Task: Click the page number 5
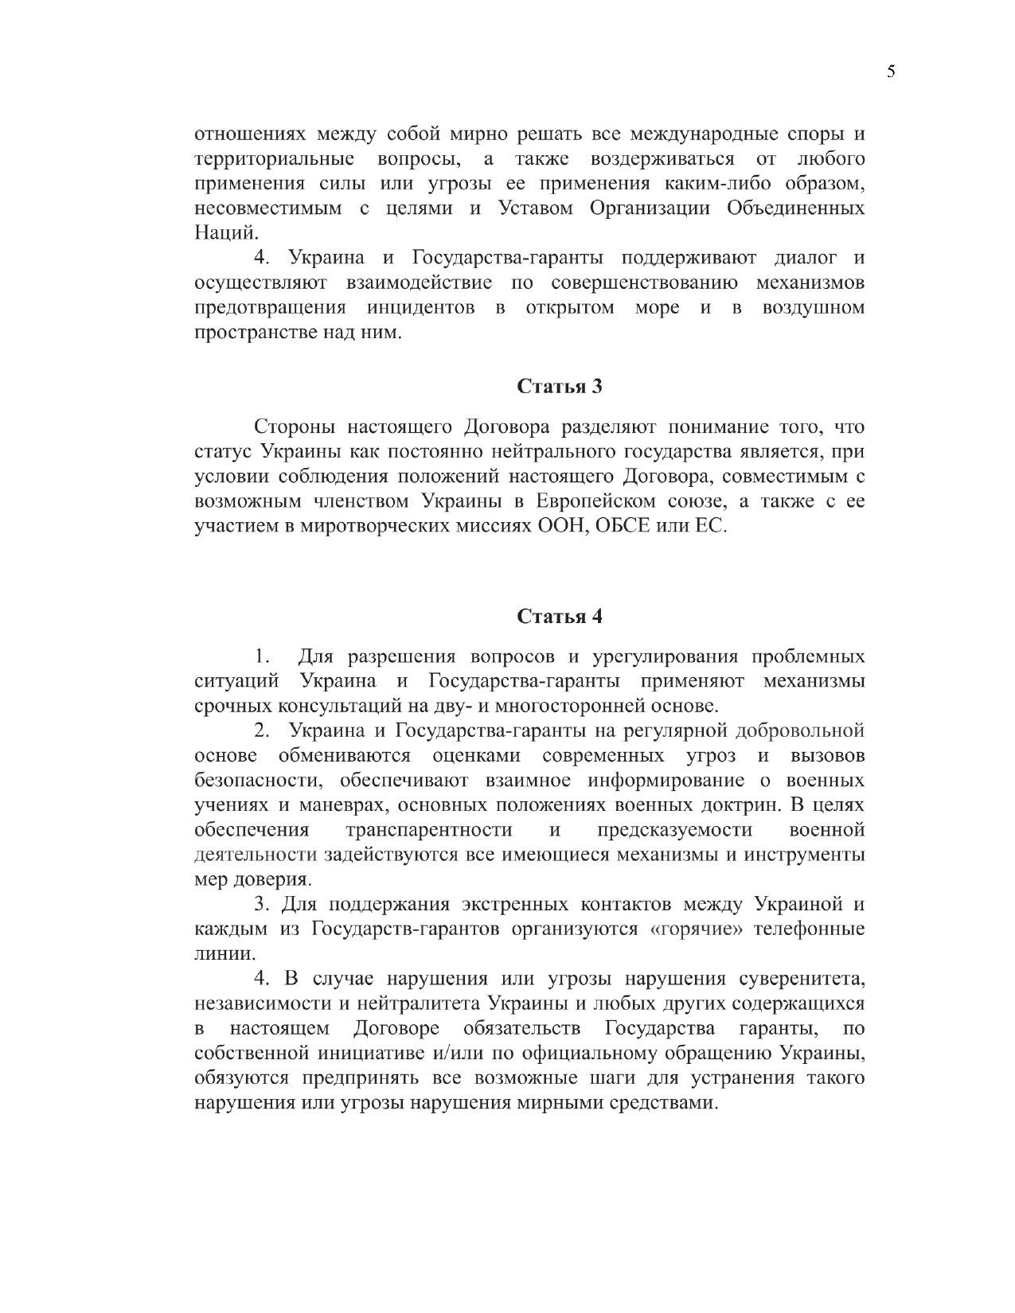click(890, 72)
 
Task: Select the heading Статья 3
click(560, 387)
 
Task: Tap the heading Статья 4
click(560, 617)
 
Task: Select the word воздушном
click(813, 307)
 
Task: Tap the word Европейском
click(603, 502)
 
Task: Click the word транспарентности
click(429, 830)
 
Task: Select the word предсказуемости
click(674, 830)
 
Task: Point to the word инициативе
click(373, 1053)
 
